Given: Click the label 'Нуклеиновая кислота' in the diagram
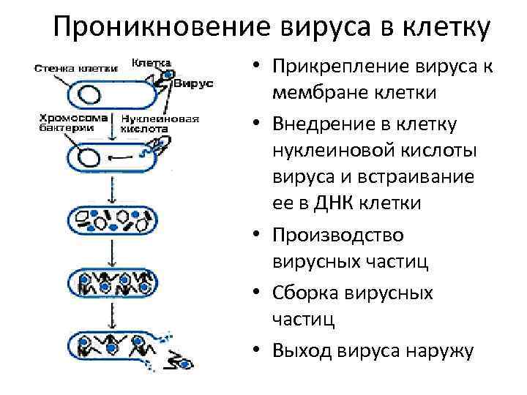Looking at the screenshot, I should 157,122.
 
